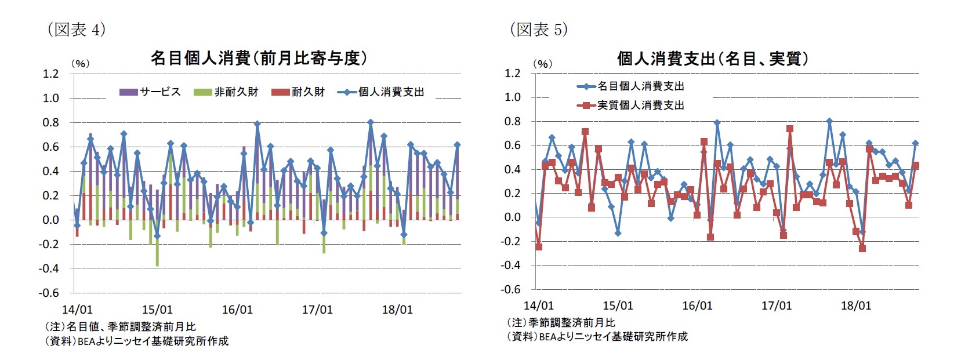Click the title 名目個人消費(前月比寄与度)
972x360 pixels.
click(259, 58)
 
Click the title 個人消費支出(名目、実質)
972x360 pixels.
click(713, 59)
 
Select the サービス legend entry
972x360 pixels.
click(150, 92)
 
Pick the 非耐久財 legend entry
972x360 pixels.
click(227, 92)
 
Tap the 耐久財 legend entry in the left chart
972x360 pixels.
click(299, 92)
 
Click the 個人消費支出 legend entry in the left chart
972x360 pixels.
click(382, 92)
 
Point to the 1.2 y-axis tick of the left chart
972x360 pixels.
click(51, 74)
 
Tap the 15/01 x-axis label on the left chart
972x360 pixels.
click(157, 310)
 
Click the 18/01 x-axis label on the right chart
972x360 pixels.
click(855, 306)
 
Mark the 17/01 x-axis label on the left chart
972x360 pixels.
click(317, 310)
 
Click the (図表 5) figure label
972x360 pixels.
click(539, 29)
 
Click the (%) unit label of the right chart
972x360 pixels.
click(542, 64)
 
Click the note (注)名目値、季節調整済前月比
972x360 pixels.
click(121, 327)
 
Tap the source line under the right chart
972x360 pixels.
click(598, 336)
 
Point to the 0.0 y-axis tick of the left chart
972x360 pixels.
click(51, 220)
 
